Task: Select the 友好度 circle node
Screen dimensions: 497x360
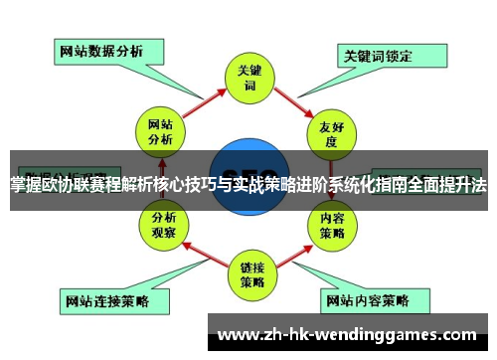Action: (331, 132)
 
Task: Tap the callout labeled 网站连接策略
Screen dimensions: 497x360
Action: (104, 299)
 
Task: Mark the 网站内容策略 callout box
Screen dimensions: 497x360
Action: (367, 298)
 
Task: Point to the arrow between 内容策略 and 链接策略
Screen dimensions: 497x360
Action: (295, 253)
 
